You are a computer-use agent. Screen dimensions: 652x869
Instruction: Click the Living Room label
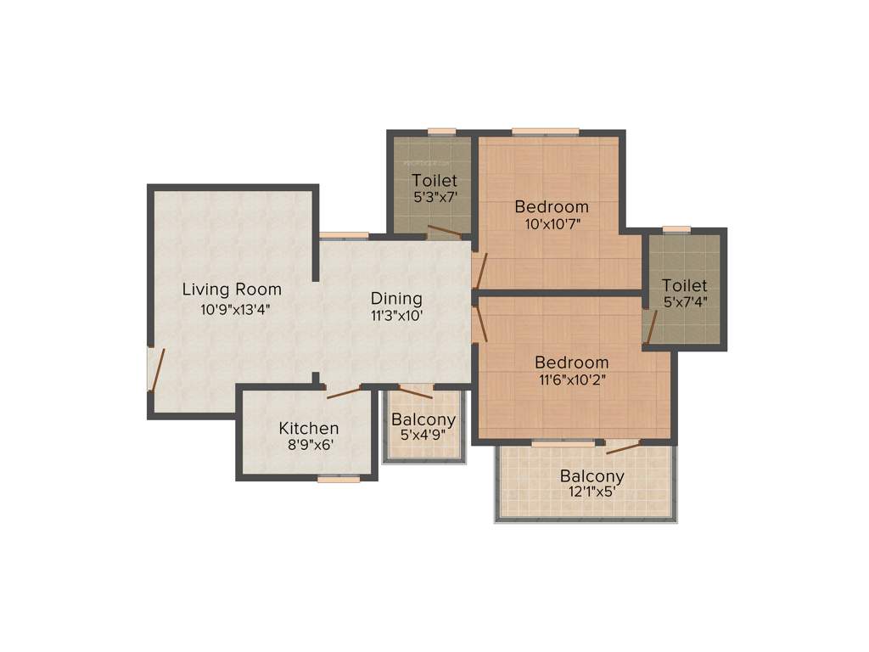point(232,290)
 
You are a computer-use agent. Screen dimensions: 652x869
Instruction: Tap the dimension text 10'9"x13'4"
point(235,310)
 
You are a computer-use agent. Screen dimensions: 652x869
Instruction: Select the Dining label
point(396,298)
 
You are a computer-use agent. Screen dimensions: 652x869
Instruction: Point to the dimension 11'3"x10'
point(396,315)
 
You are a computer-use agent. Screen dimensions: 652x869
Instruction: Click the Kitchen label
point(309,429)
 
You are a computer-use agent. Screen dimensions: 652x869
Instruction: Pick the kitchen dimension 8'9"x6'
point(309,446)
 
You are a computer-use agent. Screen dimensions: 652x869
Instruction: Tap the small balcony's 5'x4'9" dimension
point(423,436)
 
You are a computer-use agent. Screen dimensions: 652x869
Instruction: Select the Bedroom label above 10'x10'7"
point(552,206)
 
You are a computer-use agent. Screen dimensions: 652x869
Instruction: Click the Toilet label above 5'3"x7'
point(434,180)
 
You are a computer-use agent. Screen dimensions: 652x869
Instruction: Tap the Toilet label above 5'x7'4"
point(685,285)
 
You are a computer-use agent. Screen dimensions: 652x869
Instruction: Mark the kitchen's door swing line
point(344,392)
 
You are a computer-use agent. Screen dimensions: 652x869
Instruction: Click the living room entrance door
point(153,369)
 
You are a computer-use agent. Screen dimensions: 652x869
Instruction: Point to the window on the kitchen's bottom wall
point(339,480)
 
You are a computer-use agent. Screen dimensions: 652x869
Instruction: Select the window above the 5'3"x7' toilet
point(441,132)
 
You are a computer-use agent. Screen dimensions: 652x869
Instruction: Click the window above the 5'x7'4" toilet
point(676,229)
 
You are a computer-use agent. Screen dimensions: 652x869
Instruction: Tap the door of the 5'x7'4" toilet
point(650,328)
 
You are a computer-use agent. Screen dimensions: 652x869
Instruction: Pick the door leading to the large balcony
point(624,447)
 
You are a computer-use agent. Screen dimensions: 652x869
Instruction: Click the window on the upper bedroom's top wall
point(546,132)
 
